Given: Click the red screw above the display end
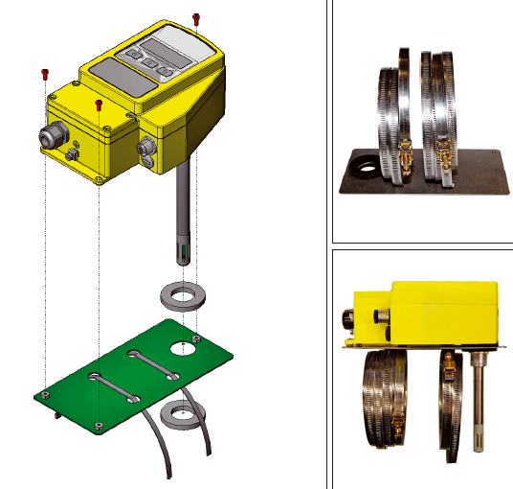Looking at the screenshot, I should point(196,18).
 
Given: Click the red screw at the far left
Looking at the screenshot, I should point(44,74).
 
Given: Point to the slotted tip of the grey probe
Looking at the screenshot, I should point(182,253).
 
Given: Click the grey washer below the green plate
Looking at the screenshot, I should point(178,414).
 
